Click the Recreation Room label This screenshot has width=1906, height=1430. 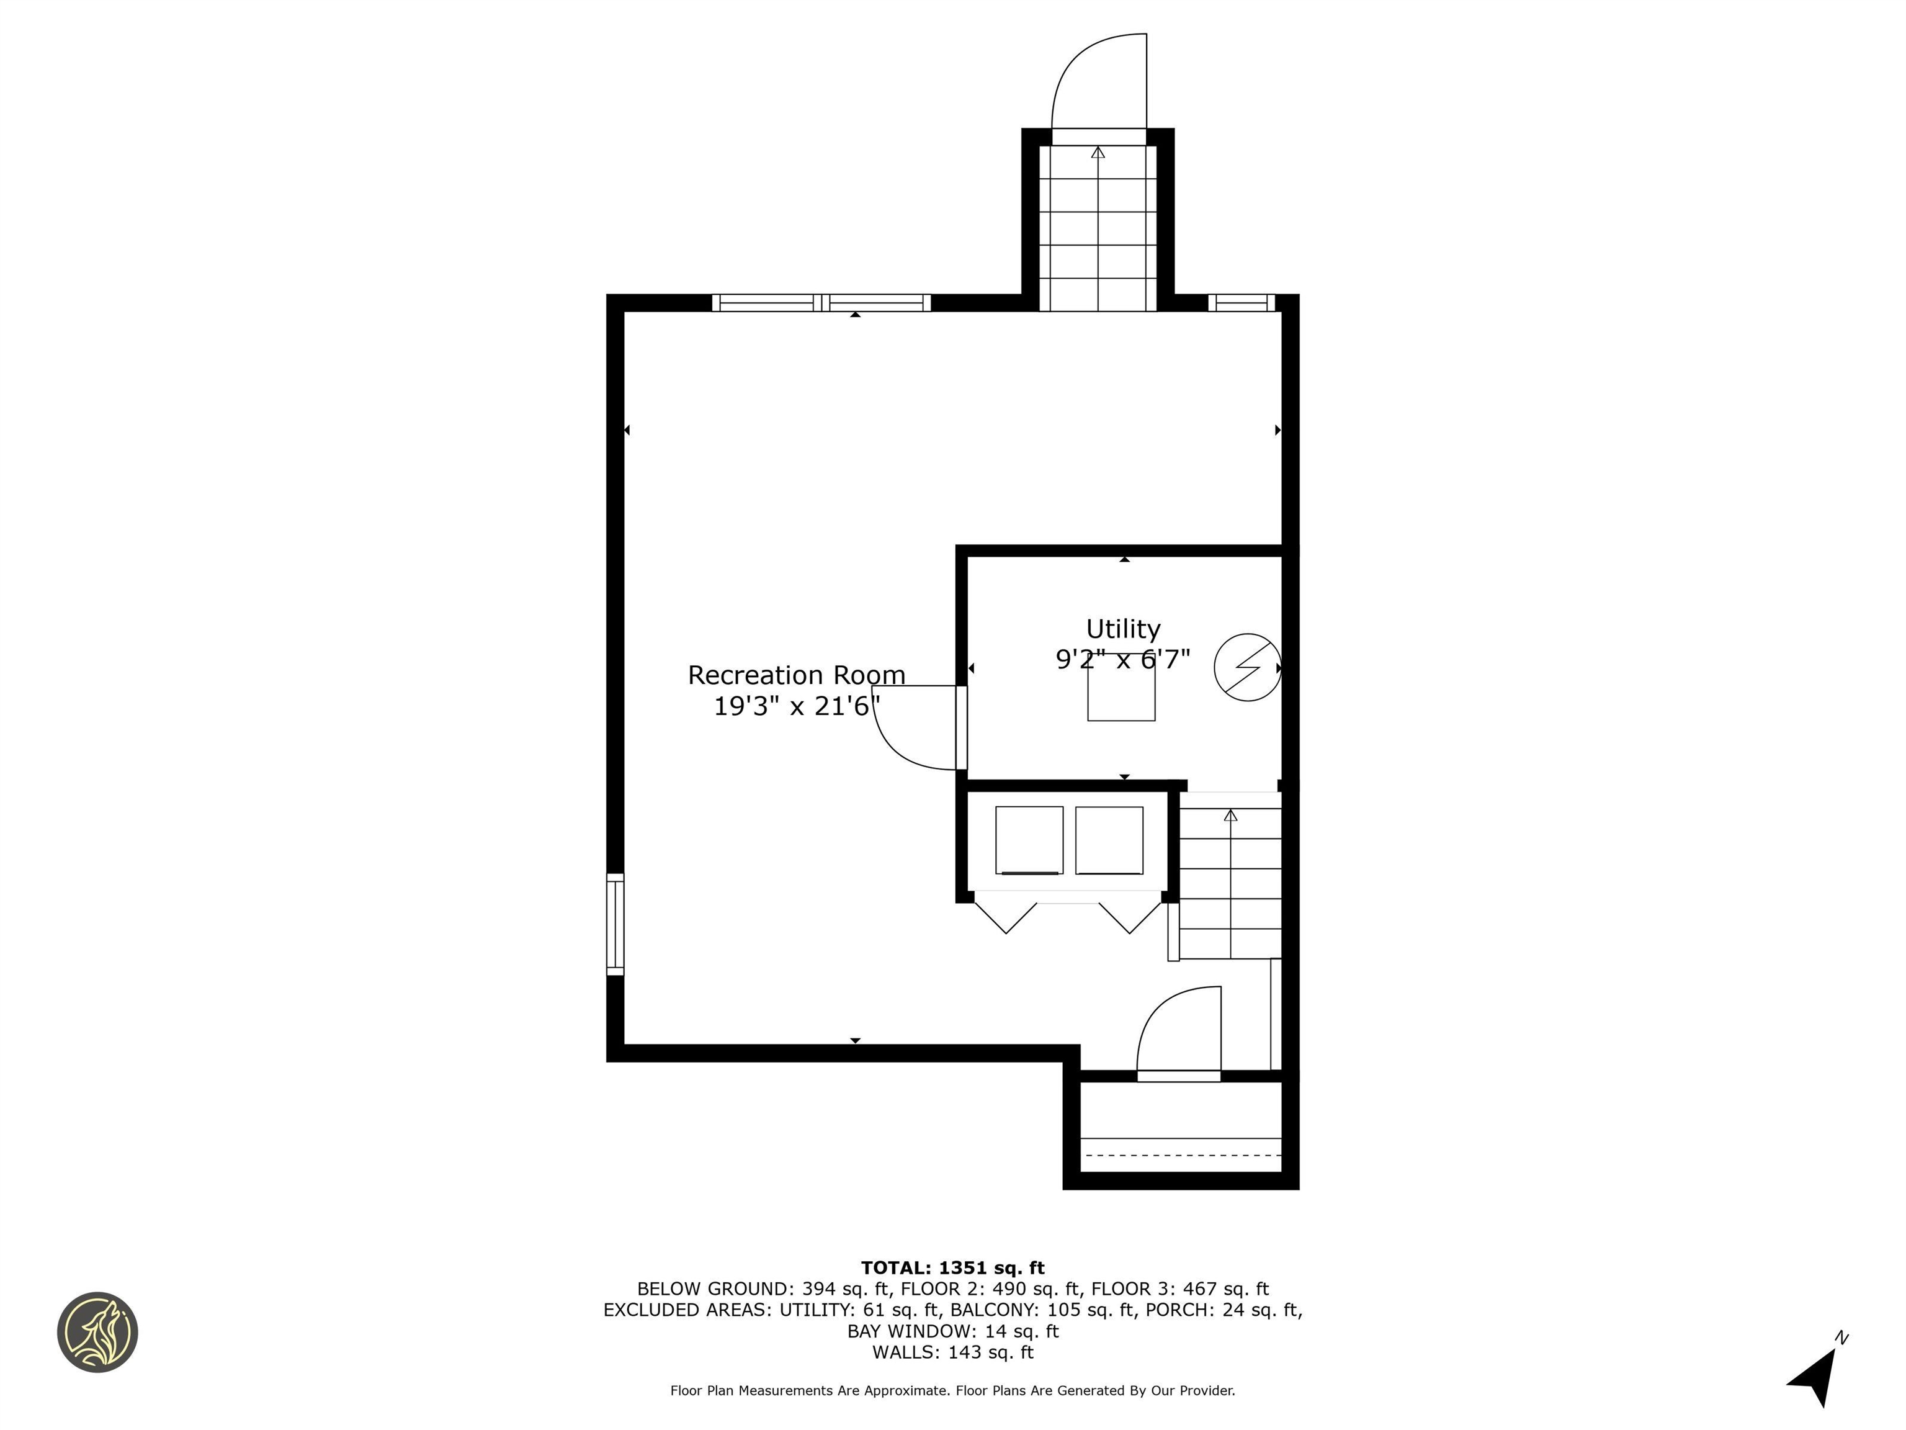(796, 675)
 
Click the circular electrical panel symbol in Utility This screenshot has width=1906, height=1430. (1247, 667)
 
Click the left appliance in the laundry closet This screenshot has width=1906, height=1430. (1029, 840)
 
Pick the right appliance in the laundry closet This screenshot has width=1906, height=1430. (1109, 840)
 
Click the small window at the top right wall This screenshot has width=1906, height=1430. (1241, 302)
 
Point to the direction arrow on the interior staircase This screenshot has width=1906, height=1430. (1230, 816)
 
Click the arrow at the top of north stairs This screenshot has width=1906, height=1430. (1098, 153)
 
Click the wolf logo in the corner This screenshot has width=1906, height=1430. (97, 1332)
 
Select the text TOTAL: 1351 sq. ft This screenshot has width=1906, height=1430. (952, 1268)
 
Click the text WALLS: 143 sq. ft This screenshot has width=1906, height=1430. (952, 1352)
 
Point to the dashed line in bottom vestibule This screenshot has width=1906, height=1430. (1182, 1154)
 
